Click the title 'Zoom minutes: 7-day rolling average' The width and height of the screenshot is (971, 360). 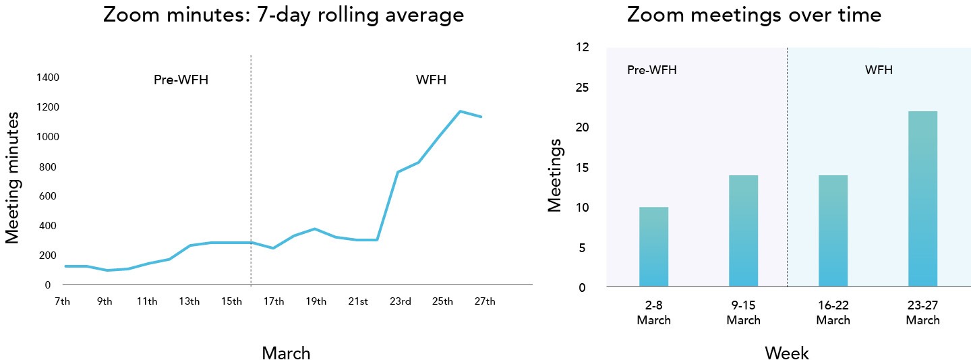coord(283,15)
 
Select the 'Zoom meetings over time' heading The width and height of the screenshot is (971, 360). coord(754,15)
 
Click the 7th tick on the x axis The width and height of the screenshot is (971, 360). coord(62,301)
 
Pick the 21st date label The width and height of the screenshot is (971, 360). coord(358,301)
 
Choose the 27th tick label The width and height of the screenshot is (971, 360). coord(485,301)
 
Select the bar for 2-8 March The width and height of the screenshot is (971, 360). coord(653,247)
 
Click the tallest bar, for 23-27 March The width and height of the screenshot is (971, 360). coord(922,199)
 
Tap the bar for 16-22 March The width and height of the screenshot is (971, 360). coord(833,231)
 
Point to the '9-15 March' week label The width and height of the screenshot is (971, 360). coord(743,313)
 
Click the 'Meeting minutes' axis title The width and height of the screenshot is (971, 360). coord(12,177)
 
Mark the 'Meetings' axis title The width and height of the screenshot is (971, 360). coord(554,175)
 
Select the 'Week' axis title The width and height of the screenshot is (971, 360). coord(787,353)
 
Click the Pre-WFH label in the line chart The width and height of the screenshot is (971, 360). coord(181,81)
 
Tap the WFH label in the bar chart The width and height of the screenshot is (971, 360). coord(879,70)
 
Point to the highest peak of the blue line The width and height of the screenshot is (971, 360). coord(460,111)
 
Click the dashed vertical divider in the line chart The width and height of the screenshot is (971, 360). coord(251,169)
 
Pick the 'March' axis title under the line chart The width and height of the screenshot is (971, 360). coord(286,353)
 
